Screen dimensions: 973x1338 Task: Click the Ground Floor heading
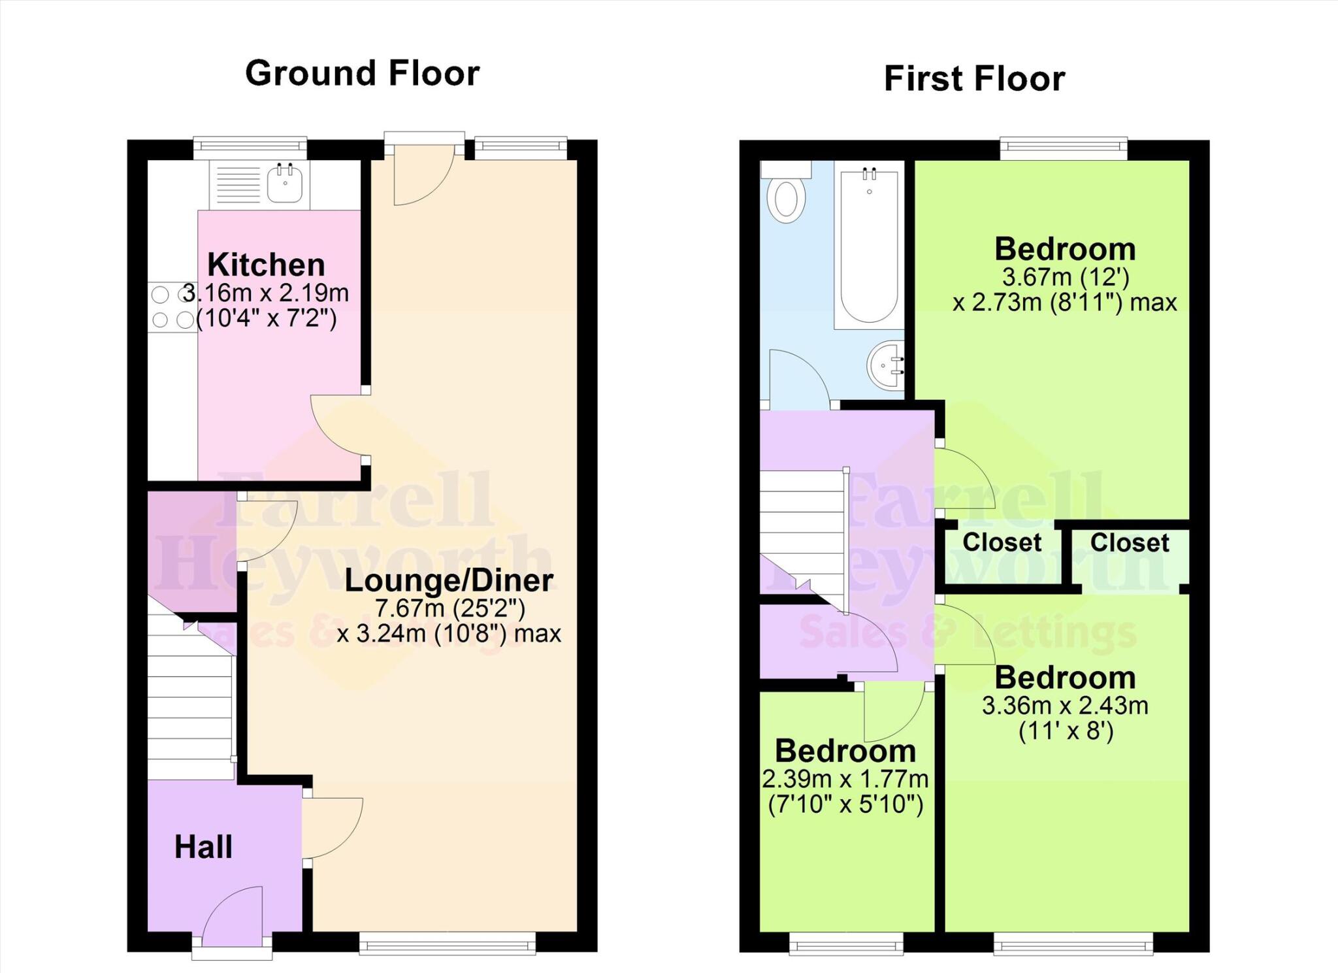pyautogui.click(x=362, y=73)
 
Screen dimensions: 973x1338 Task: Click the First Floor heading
pyautogui.click(x=974, y=78)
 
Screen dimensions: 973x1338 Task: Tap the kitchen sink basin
pyautogui.click(x=285, y=183)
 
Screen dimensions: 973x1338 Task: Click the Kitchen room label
pyautogui.click(x=266, y=265)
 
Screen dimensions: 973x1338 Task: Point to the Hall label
pyautogui.click(x=203, y=847)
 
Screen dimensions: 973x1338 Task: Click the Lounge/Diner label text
pyautogui.click(x=449, y=580)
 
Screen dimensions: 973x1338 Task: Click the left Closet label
pyautogui.click(x=1002, y=542)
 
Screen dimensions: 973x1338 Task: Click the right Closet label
pyautogui.click(x=1130, y=543)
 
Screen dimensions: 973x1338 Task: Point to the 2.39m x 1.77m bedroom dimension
pyautogui.click(x=845, y=779)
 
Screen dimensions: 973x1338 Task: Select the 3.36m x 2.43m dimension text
pyautogui.click(x=1065, y=705)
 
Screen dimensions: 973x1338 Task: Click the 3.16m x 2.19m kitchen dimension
pyautogui.click(x=266, y=293)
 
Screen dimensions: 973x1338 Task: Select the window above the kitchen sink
pyautogui.click(x=250, y=148)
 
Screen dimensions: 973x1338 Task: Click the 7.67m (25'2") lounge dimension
pyautogui.click(x=449, y=608)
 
